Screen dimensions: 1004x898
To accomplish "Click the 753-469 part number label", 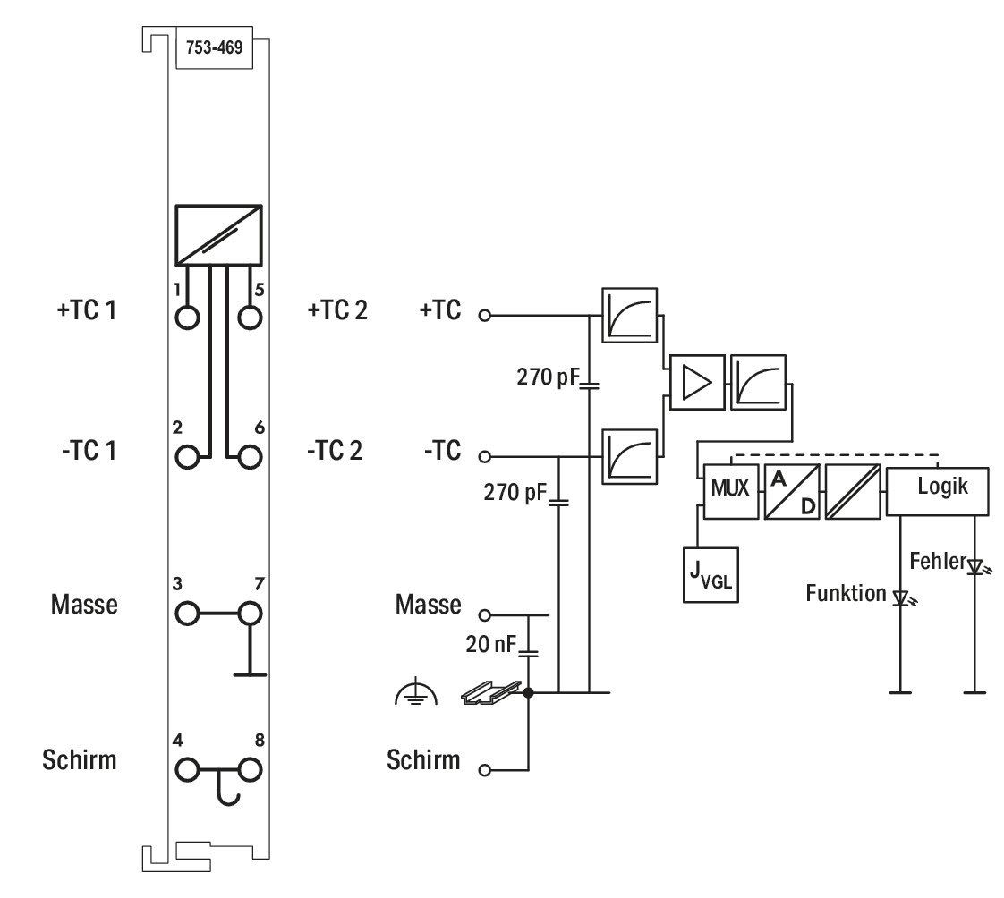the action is [x=215, y=47].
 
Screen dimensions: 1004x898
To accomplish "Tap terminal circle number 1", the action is [x=187, y=318].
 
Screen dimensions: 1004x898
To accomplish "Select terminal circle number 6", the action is [x=250, y=457].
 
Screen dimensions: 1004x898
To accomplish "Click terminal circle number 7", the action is [x=250, y=614].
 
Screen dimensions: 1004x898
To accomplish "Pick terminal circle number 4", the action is [x=187, y=770].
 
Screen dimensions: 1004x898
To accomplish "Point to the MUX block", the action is [x=730, y=491].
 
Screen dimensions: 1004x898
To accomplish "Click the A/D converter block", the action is [x=792, y=491].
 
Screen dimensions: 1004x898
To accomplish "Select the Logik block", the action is [x=938, y=491].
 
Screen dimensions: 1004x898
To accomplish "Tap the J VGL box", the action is [x=710, y=575].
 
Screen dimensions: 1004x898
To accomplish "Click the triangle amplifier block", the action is [x=697, y=382].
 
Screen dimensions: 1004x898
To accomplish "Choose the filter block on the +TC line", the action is [x=629, y=316].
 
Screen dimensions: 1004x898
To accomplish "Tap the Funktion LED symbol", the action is [x=903, y=598].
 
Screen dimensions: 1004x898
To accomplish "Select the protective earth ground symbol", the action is [x=416, y=691].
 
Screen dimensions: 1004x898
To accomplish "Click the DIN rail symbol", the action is [x=491, y=692].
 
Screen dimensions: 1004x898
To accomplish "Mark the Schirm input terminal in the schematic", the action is [x=485, y=771].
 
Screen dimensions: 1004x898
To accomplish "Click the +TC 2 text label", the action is [x=337, y=310].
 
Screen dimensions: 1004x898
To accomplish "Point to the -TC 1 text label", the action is [x=89, y=451].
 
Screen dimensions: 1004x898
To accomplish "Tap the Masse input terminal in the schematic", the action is [x=485, y=615].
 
